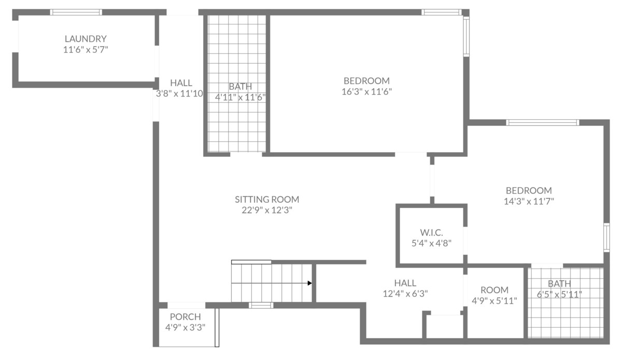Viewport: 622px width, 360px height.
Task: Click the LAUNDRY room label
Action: pos(86,38)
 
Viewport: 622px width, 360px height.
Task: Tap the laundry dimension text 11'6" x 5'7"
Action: pos(86,49)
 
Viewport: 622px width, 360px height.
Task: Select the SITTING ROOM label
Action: pos(267,199)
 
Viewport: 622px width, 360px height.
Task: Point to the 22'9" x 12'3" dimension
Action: pos(267,210)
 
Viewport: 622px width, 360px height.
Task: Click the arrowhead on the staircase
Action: pos(310,283)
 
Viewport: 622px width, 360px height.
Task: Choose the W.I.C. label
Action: pos(431,232)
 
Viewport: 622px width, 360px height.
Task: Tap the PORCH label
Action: pos(185,316)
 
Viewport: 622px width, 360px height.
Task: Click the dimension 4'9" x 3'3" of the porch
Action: pos(185,327)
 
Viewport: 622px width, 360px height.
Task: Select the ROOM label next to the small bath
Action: pos(494,290)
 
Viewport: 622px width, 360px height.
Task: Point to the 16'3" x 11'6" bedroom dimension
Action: pos(366,91)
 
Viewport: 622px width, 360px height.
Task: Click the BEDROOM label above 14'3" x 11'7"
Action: pos(529,190)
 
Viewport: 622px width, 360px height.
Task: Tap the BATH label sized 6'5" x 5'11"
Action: pos(559,284)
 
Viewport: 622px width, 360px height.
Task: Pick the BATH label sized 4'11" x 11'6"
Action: pos(240,87)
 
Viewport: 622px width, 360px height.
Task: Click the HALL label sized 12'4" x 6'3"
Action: pos(405,283)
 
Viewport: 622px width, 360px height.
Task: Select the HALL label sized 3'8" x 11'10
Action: pos(181,83)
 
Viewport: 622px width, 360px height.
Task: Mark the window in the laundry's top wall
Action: pos(76,12)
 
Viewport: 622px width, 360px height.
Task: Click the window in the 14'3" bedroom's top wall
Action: pos(542,122)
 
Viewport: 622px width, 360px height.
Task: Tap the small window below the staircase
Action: pos(261,306)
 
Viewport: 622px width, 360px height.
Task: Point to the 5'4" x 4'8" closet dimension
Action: pos(431,243)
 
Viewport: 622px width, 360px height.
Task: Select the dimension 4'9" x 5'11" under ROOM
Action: pos(494,301)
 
